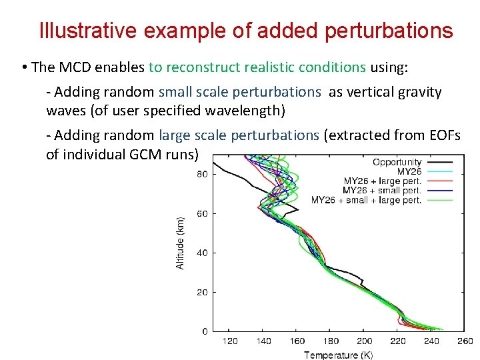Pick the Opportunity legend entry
pos(397,162)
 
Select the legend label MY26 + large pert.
pos(382,181)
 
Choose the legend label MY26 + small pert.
pos(382,190)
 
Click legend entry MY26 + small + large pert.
pos(366,200)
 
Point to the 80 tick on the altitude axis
pos(202,175)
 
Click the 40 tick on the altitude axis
pos(202,253)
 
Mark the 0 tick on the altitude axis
pos(205,331)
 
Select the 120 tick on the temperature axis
pos(229,342)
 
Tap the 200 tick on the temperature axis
pos(365,342)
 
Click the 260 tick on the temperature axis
pos(465,342)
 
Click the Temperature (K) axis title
pos(340,355)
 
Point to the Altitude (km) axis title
pos(180,243)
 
